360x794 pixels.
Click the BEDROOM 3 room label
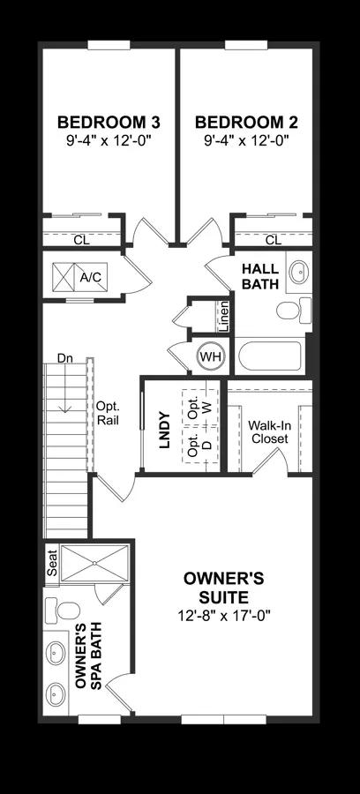point(109,123)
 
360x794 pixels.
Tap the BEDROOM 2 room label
point(246,123)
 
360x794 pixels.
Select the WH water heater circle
point(211,356)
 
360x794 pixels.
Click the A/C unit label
point(90,277)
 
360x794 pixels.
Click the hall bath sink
point(299,272)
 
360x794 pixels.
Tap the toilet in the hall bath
point(294,310)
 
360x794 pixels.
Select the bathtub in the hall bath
point(270,356)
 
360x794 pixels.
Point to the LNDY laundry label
point(164,430)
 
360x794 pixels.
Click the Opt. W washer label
point(199,406)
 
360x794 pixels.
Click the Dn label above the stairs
point(64,358)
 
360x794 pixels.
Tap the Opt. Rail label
point(108,413)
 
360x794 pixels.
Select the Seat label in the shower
point(52,563)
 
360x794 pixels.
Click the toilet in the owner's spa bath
point(63,610)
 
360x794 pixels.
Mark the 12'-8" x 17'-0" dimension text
point(224,617)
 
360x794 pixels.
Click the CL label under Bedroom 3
point(81,241)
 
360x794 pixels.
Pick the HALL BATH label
point(260,276)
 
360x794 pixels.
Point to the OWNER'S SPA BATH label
point(88,655)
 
